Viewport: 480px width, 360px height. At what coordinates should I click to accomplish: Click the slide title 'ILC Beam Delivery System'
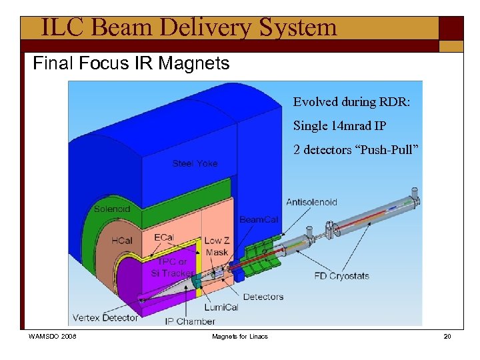(189, 27)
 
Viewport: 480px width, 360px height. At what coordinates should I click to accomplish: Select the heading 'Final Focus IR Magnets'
(131, 64)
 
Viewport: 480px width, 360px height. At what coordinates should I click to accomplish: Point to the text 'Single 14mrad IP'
(340, 126)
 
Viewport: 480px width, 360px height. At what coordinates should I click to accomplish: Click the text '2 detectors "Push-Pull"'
(356, 150)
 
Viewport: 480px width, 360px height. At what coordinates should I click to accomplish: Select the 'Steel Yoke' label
(195, 163)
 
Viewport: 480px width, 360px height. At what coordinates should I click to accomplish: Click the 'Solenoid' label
(112, 209)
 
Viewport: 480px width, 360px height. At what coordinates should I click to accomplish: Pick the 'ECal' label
(164, 237)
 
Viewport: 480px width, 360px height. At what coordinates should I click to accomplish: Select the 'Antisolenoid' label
(311, 202)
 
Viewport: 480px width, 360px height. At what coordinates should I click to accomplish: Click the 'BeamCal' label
(259, 220)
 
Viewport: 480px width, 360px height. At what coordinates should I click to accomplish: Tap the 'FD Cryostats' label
(341, 276)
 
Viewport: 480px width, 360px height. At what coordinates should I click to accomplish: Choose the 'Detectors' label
(263, 297)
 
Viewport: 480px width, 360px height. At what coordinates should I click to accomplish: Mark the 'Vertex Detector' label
(105, 317)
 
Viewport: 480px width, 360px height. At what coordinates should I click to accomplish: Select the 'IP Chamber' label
(191, 321)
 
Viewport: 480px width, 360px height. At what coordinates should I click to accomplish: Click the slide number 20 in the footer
(447, 337)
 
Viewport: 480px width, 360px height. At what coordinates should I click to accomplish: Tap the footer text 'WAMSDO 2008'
(53, 337)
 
